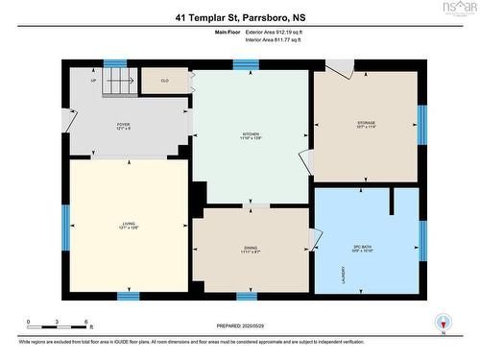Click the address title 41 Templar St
[x=239, y=16]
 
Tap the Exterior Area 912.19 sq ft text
[x=274, y=32]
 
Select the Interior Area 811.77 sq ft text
[x=274, y=40]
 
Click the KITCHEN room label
[x=252, y=134]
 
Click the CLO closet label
[x=164, y=81]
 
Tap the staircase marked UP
[x=114, y=81]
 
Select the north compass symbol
[x=442, y=323]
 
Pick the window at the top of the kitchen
[x=247, y=65]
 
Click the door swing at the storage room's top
[x=339, y=68]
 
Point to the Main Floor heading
[x=228, y=32]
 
